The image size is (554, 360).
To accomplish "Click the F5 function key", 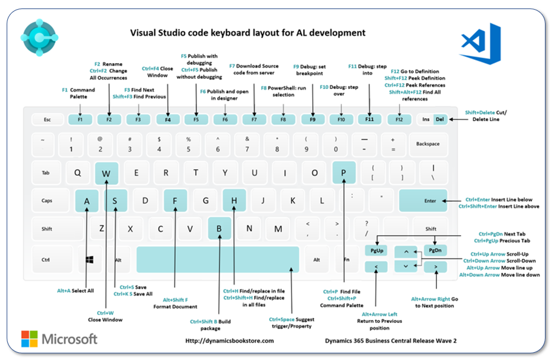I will [196, 119].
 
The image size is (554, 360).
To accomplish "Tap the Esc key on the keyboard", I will [47, 119].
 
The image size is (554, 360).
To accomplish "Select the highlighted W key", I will [107, 173].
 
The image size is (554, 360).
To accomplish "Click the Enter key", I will [430, 201].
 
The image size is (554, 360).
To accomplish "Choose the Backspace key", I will [428, 144].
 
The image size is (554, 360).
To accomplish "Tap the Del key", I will [440, 119].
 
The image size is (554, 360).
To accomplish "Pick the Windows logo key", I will [90, 259].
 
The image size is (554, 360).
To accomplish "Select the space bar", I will [217, 259].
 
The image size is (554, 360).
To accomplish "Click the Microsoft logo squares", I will [29, 339].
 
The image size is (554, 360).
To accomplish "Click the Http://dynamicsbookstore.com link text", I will [229, 341].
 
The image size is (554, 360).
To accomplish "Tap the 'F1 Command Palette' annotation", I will [79, 93].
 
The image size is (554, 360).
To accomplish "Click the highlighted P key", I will [344, 173].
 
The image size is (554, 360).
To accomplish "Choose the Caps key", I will [47, 201].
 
